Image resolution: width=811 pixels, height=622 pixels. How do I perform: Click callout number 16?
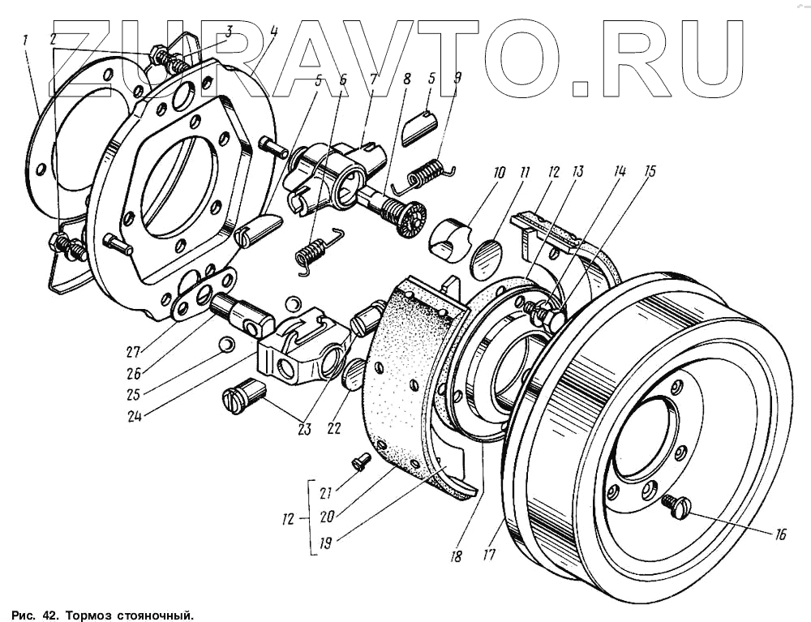[x=780, y=534]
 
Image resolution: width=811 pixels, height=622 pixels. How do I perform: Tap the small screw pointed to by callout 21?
[x=360, y=461]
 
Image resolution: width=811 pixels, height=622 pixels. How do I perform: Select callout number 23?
[x=304, y=430]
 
